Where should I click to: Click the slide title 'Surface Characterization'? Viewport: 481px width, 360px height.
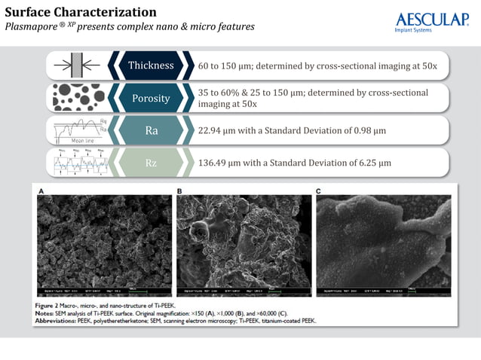click(81, 12)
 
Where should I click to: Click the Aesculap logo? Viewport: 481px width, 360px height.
click(431, 23)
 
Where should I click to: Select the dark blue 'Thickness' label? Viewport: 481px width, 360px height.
click(151, 66)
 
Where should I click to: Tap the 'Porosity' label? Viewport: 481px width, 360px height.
click(151, 98)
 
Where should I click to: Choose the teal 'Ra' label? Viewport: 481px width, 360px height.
click(151, 130)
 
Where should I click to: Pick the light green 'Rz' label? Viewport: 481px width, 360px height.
click(151, 163)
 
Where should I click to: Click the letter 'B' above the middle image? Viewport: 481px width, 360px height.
click(179, 191)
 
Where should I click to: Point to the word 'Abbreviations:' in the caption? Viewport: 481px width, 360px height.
click(63, 320)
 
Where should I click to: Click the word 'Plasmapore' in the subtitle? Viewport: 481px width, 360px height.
click(32, 27)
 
